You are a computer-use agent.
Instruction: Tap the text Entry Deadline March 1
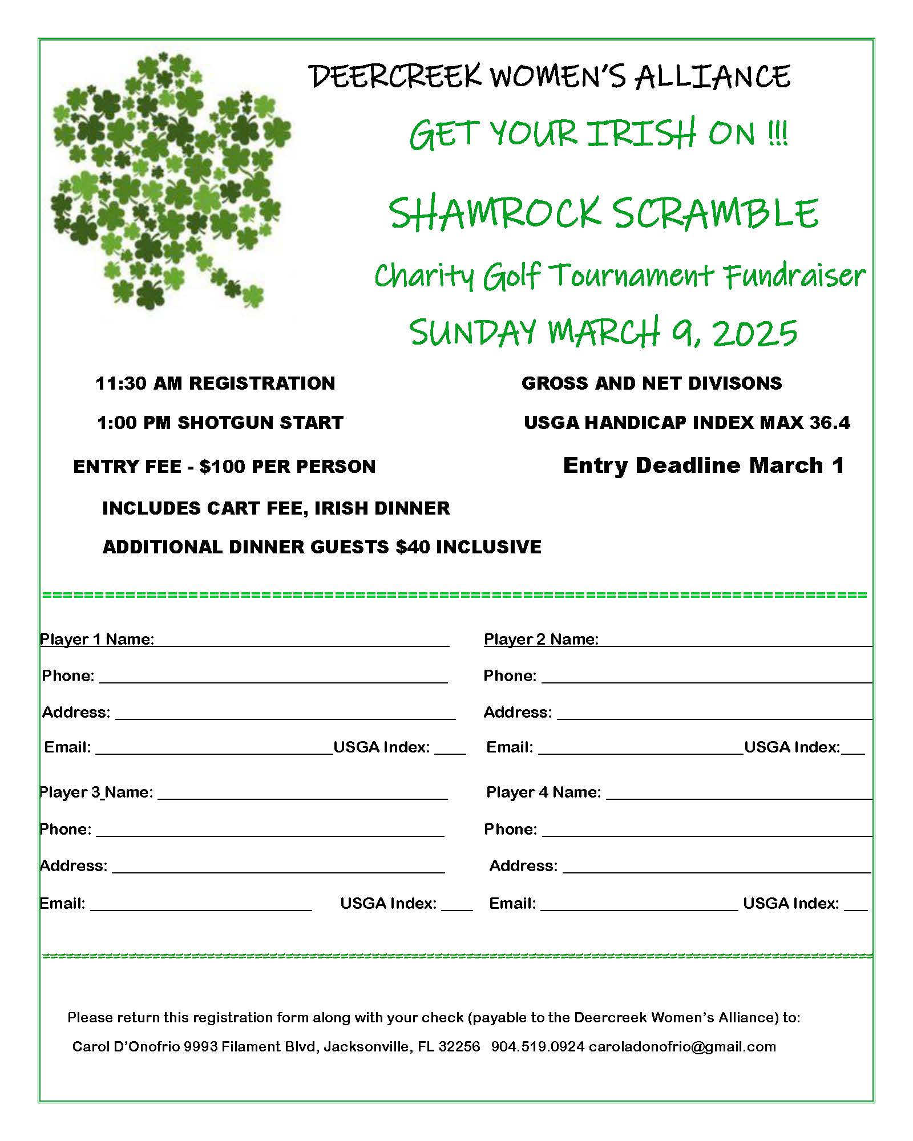coord(703,466)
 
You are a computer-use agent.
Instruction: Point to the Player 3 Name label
coord(96,792)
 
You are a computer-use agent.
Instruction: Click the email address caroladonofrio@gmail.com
coord(682,1047)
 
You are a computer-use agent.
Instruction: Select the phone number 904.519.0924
coord(538,1047)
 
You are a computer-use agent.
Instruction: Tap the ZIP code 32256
coord(459,1047)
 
